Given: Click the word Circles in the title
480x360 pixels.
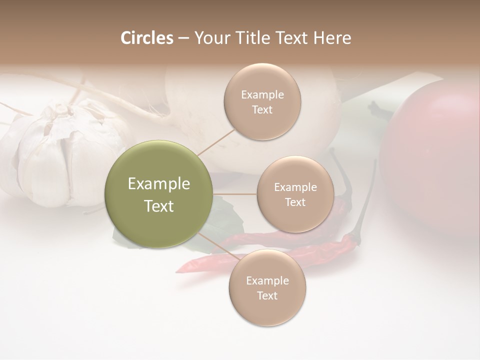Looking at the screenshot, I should point(146,38).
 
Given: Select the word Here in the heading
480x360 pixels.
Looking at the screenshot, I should point(332,38).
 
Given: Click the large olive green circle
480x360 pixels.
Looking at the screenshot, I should point(159,194).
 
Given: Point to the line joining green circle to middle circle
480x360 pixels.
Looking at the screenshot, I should point(235,194).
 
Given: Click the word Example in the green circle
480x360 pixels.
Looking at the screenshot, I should point(159,184).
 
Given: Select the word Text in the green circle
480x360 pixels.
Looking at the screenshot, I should point(159,206).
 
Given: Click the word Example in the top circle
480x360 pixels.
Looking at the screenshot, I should point(262,95).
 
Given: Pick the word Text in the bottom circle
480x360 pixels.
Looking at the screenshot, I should point(267,296).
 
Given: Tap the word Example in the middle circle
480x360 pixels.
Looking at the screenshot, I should point(295,187).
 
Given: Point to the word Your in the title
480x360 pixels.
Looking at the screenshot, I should point(208,38).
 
